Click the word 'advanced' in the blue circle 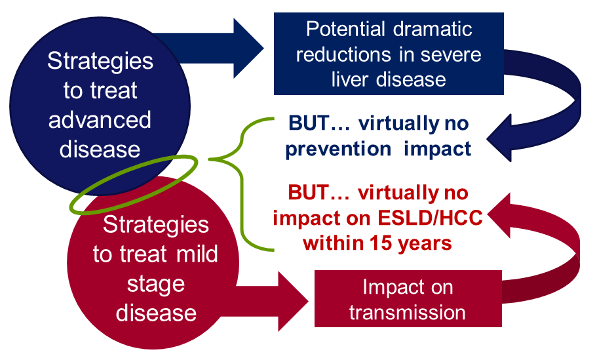(x=100, y=120)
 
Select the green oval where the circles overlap (x=133, y=184)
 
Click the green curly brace (x=241, y=184)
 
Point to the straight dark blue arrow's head (x=248, y=49)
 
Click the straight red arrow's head (x=293, y=302)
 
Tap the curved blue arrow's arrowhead (x=499, y=138)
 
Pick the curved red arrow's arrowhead (x=499, y=216)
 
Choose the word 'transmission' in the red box (x=408, y=312)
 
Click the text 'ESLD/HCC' (x=431, y=218)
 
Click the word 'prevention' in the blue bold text (x=338, y=149)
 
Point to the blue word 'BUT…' (x=319, y=123)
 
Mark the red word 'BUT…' (x=318, y=193)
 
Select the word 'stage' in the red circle (x=156, y=284)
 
